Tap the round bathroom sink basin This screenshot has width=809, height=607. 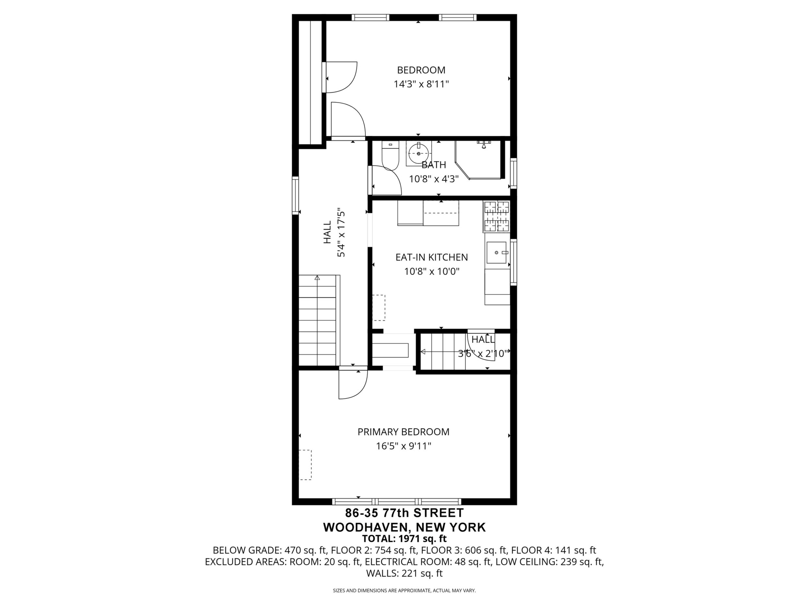tap(418, 154)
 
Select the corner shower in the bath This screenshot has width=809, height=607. tap(478, 160)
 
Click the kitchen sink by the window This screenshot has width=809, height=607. tap(496, 253)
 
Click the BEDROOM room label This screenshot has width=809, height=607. tap(421, 70)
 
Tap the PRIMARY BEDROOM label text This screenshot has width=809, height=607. tap(404, 432)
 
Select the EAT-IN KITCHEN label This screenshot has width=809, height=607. tap(432, 257)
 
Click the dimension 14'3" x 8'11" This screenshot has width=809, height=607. tap(421, 85)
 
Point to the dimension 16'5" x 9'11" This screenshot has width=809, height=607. tap(404, 446)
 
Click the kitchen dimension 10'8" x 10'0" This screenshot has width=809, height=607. tap(432, 271)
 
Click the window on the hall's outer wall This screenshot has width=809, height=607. tap(295, 196)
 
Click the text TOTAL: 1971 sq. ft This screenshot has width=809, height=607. tap(404, 539)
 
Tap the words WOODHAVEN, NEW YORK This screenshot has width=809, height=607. tap(404, 527)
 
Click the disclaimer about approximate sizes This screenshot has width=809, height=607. tap(404, 590)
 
